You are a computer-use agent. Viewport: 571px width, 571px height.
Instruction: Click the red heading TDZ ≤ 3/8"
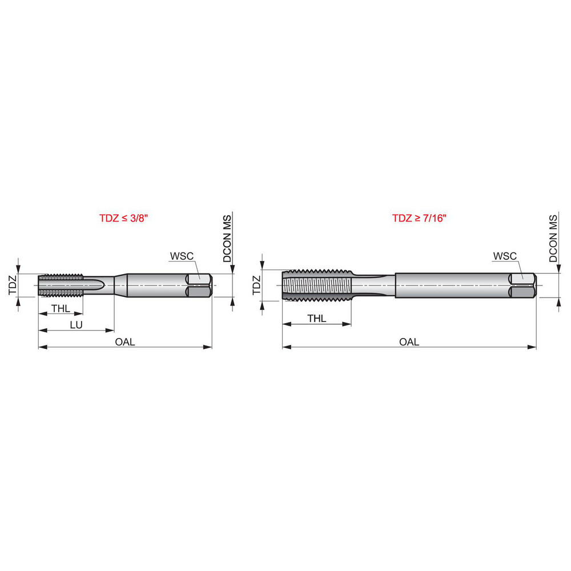124,218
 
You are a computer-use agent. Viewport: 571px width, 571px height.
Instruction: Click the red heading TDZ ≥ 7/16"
419,218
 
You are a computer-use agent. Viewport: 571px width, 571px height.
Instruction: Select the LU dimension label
75,324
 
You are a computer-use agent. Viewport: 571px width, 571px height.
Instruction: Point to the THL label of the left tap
61,308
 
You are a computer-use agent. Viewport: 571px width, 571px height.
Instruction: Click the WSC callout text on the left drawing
182,255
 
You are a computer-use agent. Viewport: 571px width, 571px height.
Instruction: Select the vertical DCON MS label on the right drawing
553,239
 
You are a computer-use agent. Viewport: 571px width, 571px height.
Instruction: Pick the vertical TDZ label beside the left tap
13,284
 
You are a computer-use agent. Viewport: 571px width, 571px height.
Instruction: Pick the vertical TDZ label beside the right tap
256,284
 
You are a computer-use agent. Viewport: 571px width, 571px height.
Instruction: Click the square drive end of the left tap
200,285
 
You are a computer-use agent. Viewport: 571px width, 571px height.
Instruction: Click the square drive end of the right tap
523,285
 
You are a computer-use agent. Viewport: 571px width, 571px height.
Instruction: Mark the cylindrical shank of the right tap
451,285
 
